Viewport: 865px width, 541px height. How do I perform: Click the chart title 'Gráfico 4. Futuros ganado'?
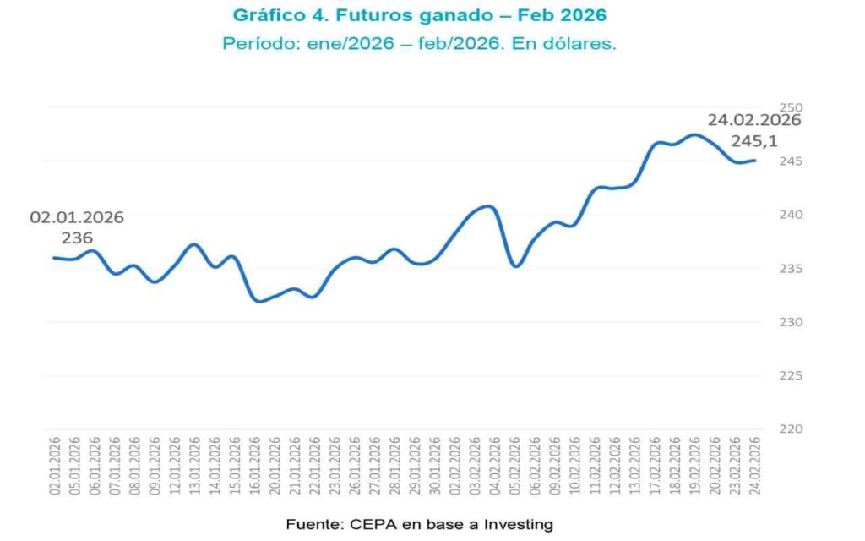[419, 15]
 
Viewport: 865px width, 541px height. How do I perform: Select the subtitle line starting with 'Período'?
[419, 43]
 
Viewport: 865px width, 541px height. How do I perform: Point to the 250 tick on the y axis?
[791, 107]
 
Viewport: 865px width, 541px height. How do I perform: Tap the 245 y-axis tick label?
[791, 161]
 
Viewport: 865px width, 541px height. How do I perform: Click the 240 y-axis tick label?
[791, 215]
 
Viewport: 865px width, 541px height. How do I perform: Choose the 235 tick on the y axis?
[791, 268]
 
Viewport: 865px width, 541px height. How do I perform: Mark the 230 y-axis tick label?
[791, 322]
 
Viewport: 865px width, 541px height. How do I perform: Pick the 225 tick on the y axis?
[791, 375]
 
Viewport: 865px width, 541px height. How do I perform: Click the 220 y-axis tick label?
[791, 429]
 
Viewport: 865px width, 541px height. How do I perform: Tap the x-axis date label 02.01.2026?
[54, 467]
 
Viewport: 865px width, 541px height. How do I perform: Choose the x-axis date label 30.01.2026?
[434, 467]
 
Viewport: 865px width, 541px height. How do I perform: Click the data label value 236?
[77, 238]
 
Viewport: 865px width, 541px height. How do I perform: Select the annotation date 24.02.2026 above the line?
[754, 120]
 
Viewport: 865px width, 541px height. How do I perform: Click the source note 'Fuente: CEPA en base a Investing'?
[419, 524]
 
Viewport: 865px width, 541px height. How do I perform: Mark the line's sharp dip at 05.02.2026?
[516, 266]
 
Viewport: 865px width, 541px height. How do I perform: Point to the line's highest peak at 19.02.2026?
[694, 134]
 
